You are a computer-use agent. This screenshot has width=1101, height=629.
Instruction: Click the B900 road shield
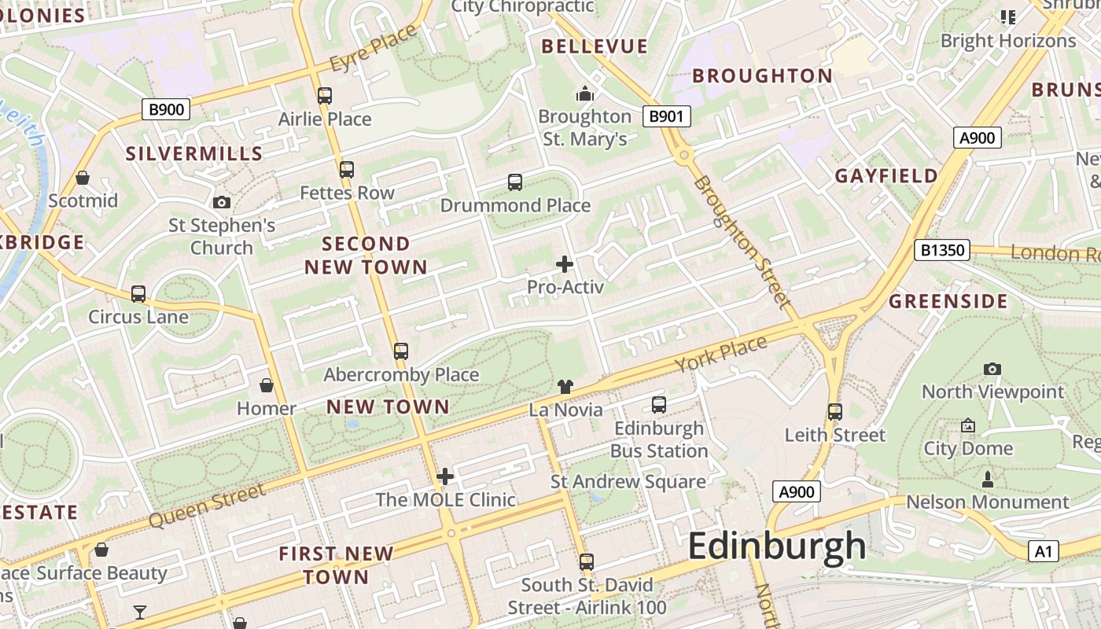coord(166,109)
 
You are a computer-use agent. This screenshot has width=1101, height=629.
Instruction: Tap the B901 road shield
coord(666,117)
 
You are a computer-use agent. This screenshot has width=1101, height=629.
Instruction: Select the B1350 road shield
coord(942,251)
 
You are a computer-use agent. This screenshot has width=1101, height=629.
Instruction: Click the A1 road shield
coord(1043,551)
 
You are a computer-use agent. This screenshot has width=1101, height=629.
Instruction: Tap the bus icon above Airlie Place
coord(324,96)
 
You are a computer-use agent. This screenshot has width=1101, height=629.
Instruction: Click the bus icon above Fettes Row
coord(346,169)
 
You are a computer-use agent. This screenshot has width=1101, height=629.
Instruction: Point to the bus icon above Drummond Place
coord(515,182)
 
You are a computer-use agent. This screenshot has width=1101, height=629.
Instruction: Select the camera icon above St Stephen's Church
coord(222,203)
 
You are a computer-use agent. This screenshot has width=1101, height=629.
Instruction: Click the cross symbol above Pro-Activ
coord(565,264)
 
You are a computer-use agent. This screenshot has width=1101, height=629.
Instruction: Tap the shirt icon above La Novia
coord(565,386)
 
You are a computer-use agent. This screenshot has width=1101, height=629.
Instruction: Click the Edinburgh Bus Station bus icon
coord(659,405)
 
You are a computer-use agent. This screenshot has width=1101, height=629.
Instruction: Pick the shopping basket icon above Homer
coord(267,385)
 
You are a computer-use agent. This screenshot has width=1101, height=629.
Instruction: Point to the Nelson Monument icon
coord(988,479)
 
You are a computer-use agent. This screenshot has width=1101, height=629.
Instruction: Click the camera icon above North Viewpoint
coord(992,369)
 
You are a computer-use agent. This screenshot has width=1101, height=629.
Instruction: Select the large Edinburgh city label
coord(777,546)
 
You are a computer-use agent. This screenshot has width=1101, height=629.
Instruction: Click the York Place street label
coord(720,354)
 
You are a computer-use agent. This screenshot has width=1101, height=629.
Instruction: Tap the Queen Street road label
coord(207,506)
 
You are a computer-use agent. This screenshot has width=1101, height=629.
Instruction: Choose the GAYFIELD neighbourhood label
coord(886,175)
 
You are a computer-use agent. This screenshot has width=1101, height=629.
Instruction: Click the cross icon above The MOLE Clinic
coord(445,476)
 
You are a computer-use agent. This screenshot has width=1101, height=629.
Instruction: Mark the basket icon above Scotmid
coord(83,178)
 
